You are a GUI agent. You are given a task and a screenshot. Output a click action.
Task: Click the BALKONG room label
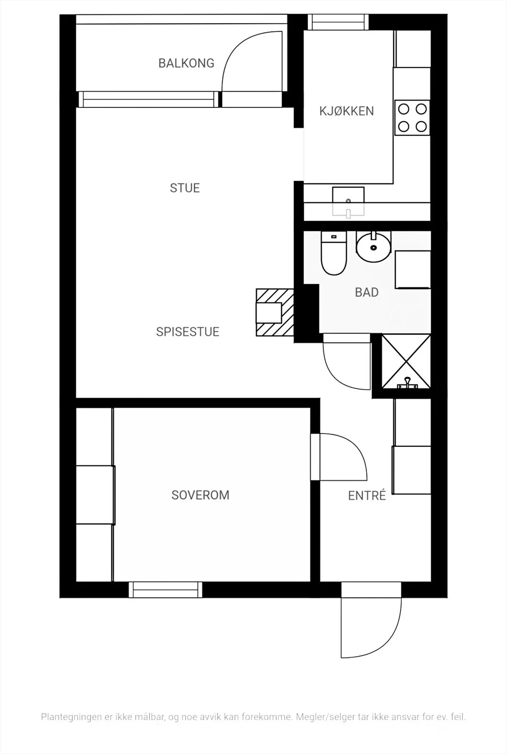(x=186, y=63)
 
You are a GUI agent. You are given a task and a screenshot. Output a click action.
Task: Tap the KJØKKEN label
(x=347, y=111)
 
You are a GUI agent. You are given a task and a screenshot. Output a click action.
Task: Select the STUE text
(x=185, y=188)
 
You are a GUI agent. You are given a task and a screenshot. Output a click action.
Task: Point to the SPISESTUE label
(x=188, y=332)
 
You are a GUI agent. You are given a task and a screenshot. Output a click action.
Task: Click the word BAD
(x=367, y=293)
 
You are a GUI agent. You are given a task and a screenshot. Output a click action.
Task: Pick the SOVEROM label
(x=200, y=495)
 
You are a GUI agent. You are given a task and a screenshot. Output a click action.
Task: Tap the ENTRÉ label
(x=367, y=495)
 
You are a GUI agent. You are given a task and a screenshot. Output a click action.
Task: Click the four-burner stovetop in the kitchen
(x=412, y=118)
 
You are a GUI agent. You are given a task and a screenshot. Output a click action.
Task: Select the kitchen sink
(x=349, y=202)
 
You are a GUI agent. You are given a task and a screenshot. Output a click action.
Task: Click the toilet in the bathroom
(x=333, y=253)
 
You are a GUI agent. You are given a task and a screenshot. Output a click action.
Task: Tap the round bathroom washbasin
(x=374, y=247)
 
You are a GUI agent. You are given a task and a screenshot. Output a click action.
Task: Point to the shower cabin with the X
(x=406, y=361)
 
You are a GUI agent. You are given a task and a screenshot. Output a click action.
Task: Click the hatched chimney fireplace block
(x=275, y=312)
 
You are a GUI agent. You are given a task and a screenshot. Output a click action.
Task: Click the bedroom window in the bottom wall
(x=166, y=590)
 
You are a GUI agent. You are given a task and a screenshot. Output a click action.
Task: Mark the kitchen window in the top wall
(x=338, y=22)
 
